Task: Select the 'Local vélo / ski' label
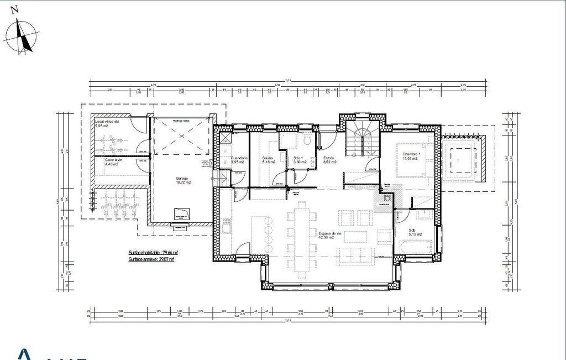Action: [107, 121]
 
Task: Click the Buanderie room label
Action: [239, 158]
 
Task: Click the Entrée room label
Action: [330, 158]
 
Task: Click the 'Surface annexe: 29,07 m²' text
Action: [151, 259]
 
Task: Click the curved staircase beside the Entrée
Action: [361, 141]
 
